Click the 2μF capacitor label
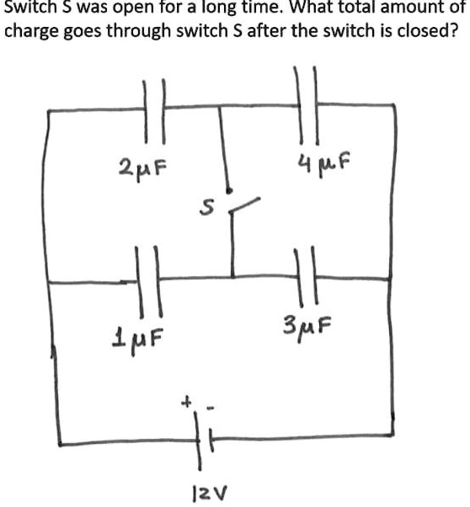pyautogui.click(x=142, y=169)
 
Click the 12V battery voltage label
pyautogui.click(x=210, y=494)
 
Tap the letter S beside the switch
pyautogui.click(x=206, y=207)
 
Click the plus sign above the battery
pyautogui.click(x=186, y=403)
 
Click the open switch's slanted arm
pyautogui.click(x=244, y=205)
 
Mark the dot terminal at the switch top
pyautogui.click(x=229, y=190)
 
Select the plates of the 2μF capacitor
pyautogui.click(x=155, y=110)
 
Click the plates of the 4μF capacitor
pyautogui.click(x=307, y=104)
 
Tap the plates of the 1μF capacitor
pyautogui.click(x=148, y=281)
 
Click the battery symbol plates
pyautogui.click(x=204, y=440)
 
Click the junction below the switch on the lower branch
pyautogui.click(x=232, y=277)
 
